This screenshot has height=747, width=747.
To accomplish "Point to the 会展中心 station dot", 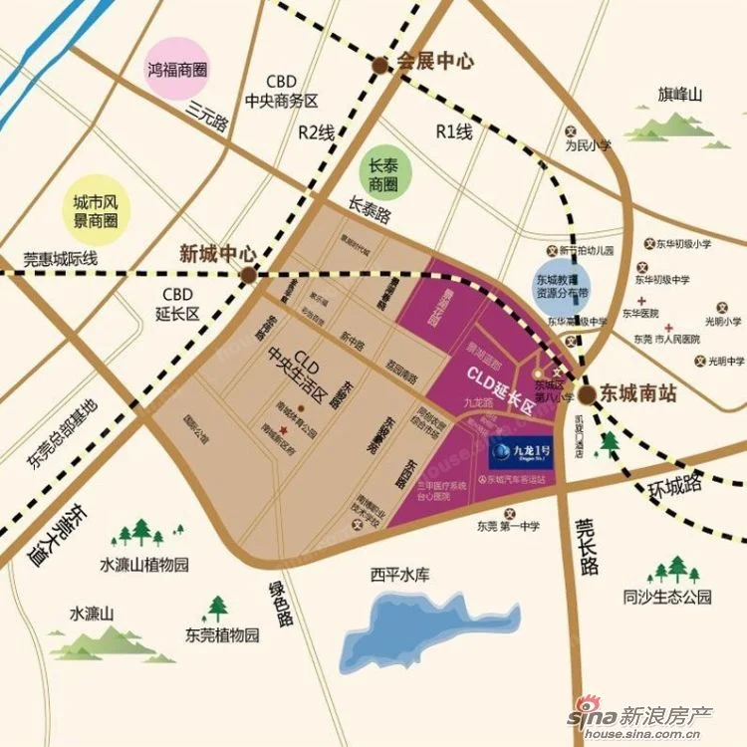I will tap(380, 65).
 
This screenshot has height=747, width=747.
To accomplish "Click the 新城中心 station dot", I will tap(248, 272).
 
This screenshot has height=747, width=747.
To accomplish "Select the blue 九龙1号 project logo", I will tap(523, 455).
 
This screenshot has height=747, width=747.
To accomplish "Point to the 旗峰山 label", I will tap(679, 95).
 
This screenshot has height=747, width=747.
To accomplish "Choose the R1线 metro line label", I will tap(453, 131).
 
